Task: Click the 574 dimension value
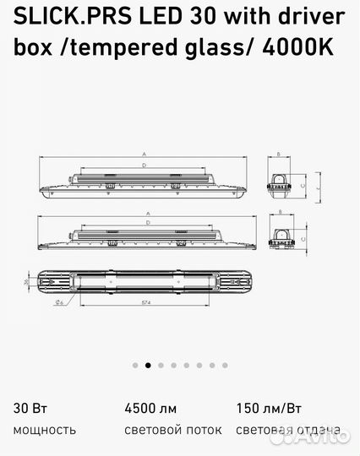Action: click(x=147, y=302)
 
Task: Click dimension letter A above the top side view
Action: click(x=145, y=155)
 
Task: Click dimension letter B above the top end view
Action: click(x=280, y=155)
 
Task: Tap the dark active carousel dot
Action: click(x=148, y=366)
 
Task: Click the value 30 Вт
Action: click(x=27, y=409)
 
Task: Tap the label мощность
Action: click(x=44, y=430)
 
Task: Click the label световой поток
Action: click(x=173, y=430)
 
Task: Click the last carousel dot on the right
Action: click(x=225, y=366)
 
